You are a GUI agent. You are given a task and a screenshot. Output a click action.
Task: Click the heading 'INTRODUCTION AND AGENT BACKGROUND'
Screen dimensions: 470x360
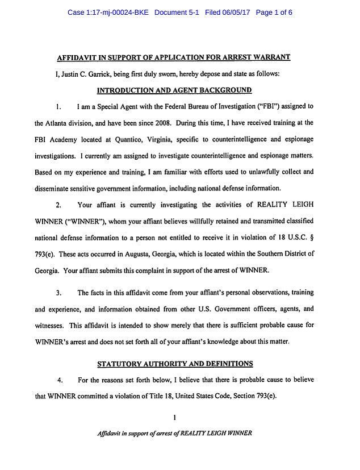pyautogui.click(x=174, y=90)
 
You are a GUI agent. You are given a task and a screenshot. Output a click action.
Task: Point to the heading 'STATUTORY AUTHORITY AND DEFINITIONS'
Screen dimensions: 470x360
pyautogui.click(x=175, y=363)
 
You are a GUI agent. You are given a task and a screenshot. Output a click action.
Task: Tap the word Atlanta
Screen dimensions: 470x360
pyautogui.click(x=59, y=123)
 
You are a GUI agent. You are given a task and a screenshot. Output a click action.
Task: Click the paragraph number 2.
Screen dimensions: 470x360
pyautogui.click(x=58, y=205)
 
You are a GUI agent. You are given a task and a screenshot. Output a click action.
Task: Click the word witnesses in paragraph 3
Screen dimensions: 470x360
pyautogui.click(x=49, y=326)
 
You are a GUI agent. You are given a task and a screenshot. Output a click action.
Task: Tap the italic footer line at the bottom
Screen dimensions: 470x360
pyautogui.click(x=175, y=432)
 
